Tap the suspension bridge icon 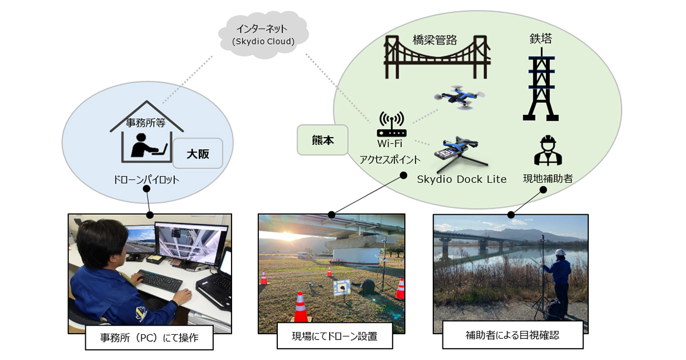[x=437, y=57]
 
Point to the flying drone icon [x=458, y=98]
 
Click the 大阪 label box [x=198, y=153]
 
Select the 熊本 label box [x=322, y=140]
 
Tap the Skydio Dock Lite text [x=462, y=179]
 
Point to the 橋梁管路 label [x=436, y=39]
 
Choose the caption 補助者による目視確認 [x=512, y=335]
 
